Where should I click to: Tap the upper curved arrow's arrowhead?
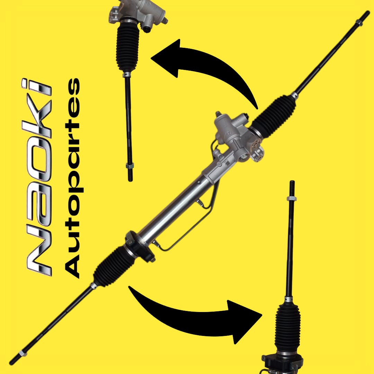[x=167, y=59]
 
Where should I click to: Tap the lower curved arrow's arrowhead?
[x=243, y=321]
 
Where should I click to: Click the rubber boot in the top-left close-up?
[x=127, y=46]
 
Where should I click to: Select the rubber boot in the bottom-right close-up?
[x=287, y=328]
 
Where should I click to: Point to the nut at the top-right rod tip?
[x=359, y=23]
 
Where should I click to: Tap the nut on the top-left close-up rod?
[x=130, y=166]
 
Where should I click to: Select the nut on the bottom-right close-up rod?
[x=292, y=199]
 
